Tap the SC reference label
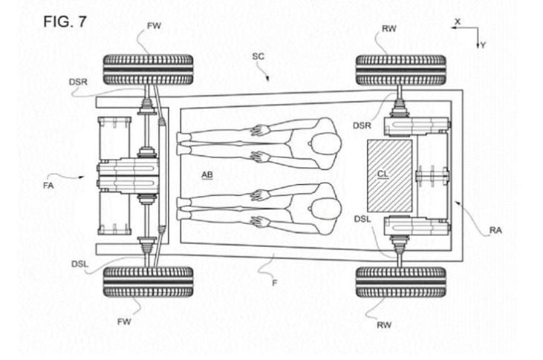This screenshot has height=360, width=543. [258, 56]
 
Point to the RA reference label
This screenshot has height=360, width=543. [495, 231]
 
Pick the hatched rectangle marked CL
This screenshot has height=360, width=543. [390, 175]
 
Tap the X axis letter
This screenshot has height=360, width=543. [458, 22]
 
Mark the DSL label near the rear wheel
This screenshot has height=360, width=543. [362, 219]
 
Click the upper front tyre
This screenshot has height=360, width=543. [148, 70]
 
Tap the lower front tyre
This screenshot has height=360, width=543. [148, 281]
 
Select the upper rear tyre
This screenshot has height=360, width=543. [400, 70]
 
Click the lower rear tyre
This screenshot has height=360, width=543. [400, 281]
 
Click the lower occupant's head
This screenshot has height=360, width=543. [325, 201]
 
